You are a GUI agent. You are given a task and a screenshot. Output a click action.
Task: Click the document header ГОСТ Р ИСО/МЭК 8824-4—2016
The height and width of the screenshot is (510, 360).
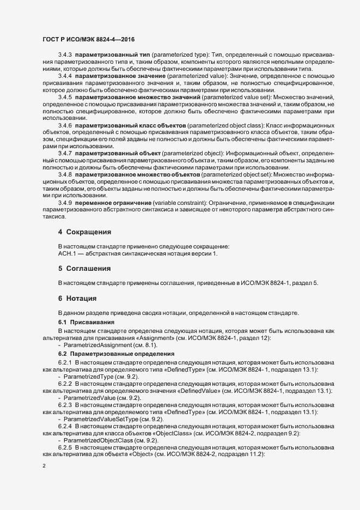pos(89,39)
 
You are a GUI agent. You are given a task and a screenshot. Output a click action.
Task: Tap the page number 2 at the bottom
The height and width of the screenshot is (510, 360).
pos(44,466)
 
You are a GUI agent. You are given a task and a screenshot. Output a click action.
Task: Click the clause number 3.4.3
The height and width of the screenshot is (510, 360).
pos(65,55)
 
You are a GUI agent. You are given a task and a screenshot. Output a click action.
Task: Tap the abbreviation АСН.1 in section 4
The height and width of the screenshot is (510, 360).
pos(68,253)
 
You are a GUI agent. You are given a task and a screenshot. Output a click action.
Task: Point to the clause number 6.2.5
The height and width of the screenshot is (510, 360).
pos(65,446)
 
